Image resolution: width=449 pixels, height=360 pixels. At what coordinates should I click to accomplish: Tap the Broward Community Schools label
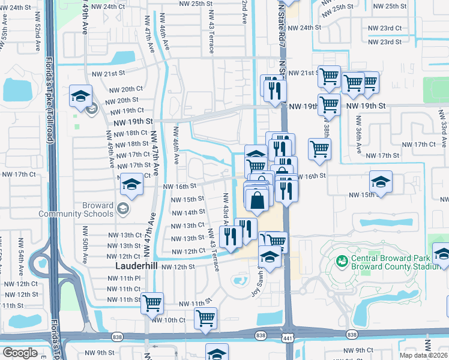(76, 209)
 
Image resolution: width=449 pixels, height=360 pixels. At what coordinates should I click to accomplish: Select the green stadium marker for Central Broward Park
(342, 261)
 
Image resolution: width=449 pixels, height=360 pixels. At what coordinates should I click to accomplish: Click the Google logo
(19, 352)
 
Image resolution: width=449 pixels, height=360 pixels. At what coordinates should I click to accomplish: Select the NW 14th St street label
(188, 212)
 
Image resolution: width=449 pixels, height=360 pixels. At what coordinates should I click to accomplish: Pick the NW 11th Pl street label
(122, 278)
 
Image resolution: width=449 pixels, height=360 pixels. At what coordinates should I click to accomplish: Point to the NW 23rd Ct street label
(384, 29)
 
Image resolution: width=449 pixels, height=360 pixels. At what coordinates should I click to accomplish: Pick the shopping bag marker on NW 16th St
(257, 199)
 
